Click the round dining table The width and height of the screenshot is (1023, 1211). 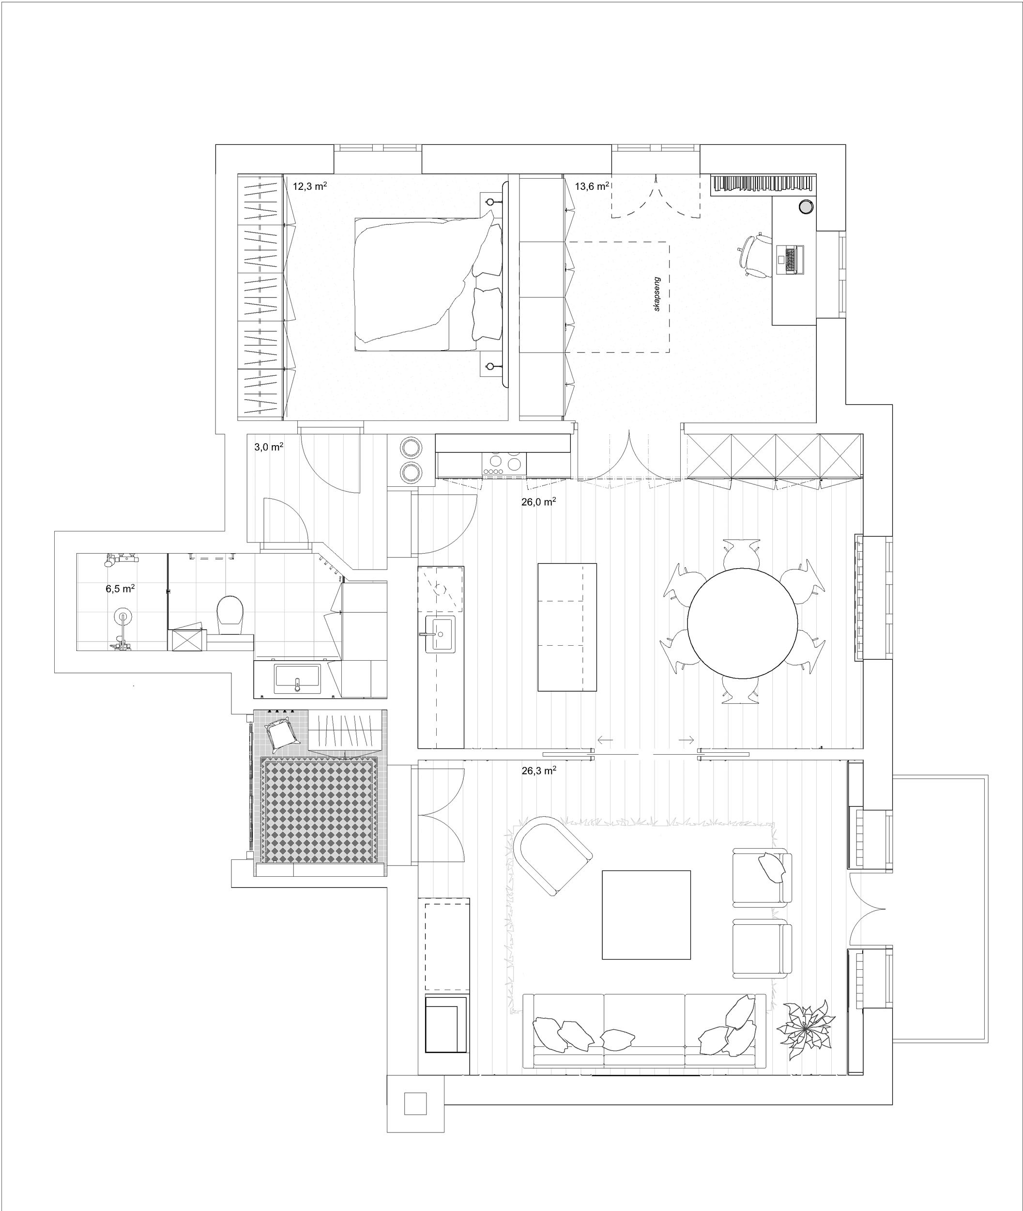click(743, 622)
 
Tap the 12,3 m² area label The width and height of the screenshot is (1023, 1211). click(310, 187)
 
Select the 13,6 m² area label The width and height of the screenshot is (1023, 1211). click(592, 187)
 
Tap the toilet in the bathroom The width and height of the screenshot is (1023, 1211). click(231, 616)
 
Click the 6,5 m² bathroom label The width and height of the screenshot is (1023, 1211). click(120, 589)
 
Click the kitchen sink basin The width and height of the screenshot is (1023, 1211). click(441, 634)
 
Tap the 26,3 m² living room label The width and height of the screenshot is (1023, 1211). click(539, 771)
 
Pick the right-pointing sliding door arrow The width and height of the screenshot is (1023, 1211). click(687, 740)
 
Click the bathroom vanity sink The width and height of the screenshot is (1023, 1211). click(297, 678)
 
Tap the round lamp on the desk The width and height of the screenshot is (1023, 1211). click(806, 206)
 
